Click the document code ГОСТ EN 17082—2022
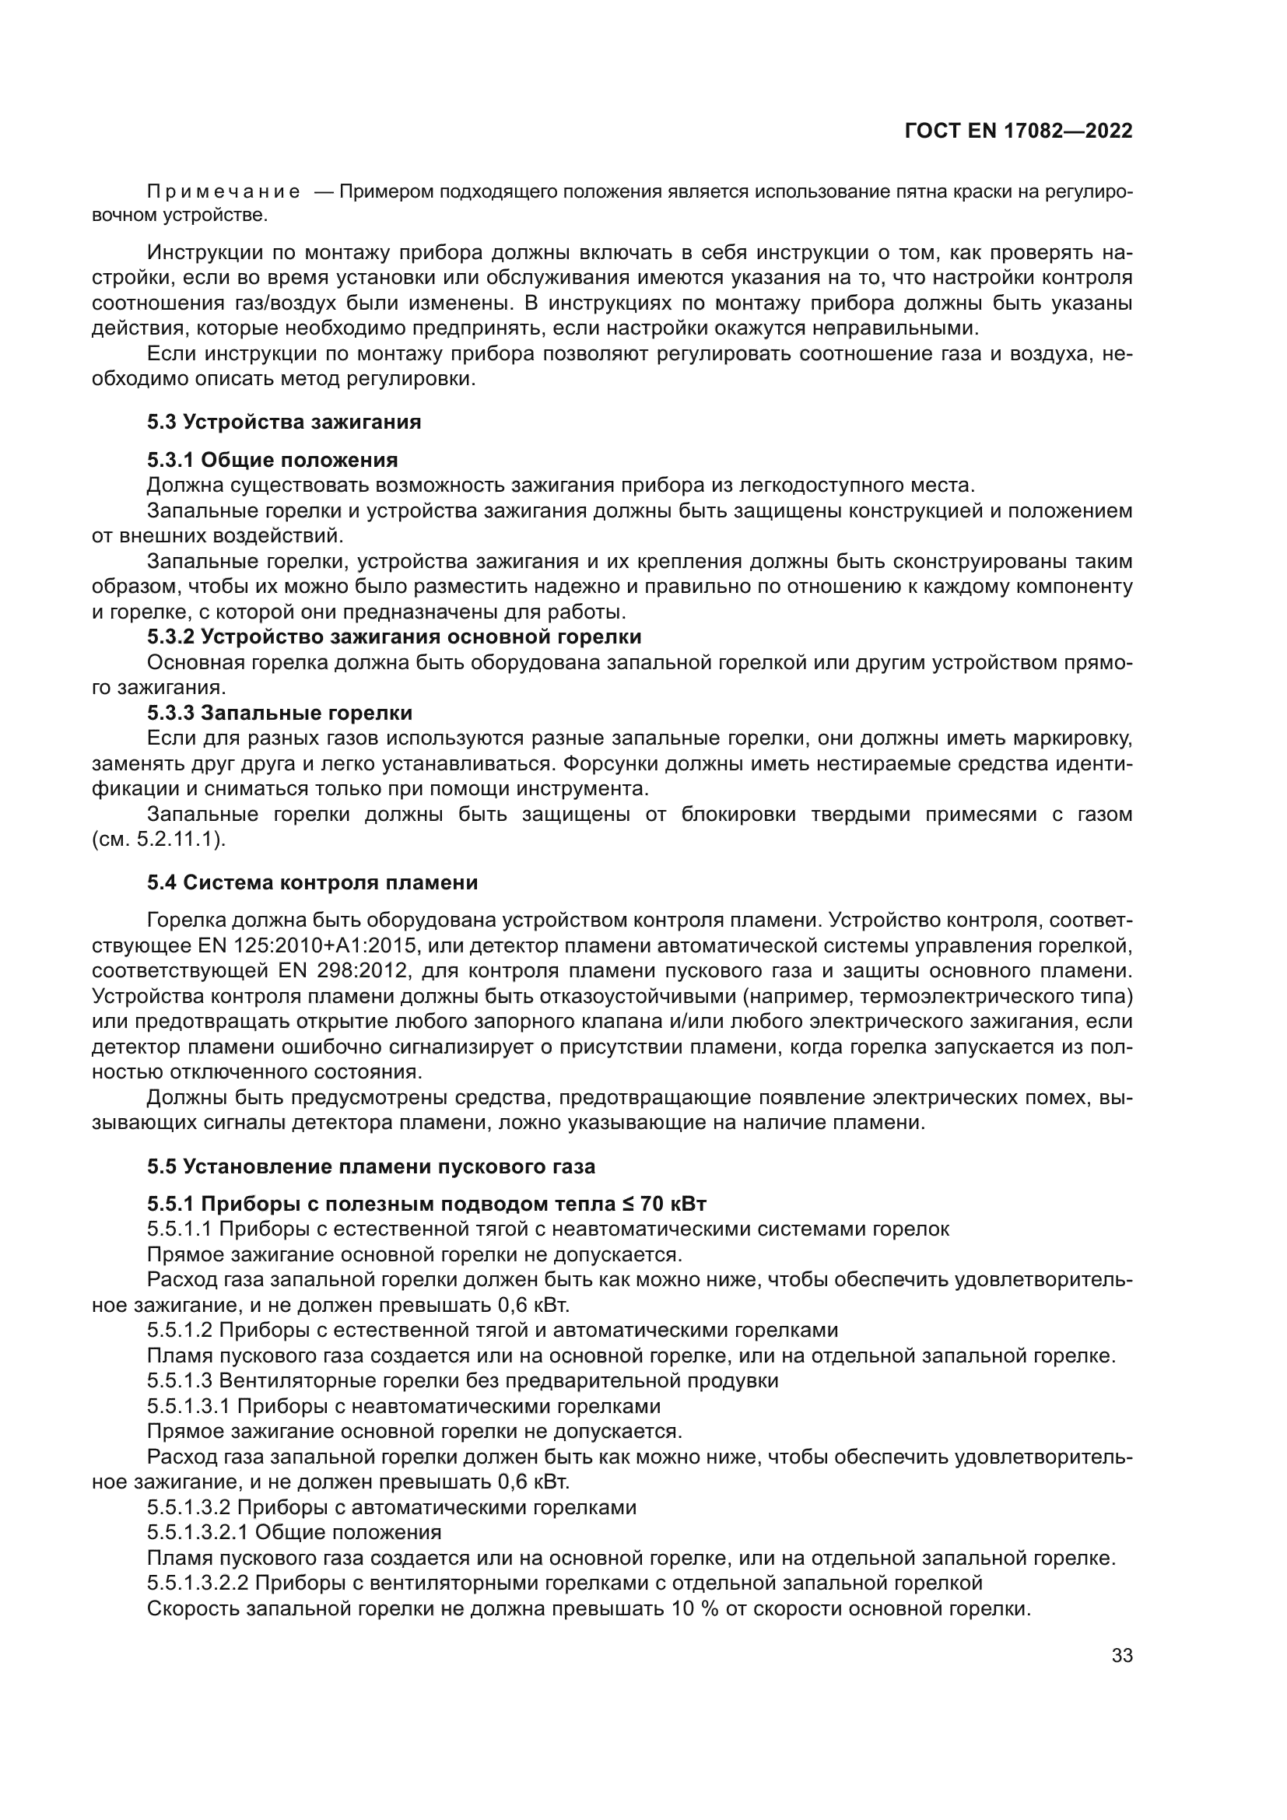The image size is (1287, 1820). coord(1018,132)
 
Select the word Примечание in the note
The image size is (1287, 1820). coord(223,193)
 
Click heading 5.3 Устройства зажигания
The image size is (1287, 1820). coord(284,422)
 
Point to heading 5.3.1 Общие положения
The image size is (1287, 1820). coord(272,460)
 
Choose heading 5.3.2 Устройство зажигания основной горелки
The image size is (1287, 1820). coord(394,636)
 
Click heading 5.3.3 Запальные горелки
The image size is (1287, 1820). coord(279,713)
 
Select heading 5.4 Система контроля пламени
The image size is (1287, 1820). coord(312,882)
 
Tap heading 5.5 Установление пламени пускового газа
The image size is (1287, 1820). coord(371,1166)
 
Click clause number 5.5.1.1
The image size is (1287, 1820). coord(180,1229)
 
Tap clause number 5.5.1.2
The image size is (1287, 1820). coord(180,1329)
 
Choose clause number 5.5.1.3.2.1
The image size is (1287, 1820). coord(198,1531)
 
